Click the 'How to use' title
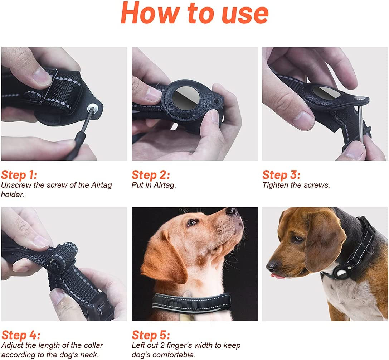[194, 13]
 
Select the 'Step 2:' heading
[150, 175]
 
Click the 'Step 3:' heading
[281, 175]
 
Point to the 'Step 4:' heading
[20, 335]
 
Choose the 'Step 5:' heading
[151, 335]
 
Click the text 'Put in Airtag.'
[154, 186]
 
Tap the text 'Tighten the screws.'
[296, 186]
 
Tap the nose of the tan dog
[233, 212]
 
